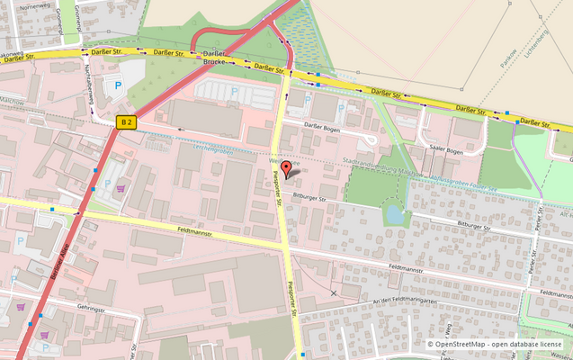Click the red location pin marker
coord(287,168)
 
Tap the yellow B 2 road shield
coord(127,122)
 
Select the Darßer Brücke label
coord(213,57)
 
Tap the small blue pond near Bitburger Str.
coord(394,215)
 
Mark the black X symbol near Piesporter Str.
coord(334,292)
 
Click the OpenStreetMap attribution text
coord(497,344)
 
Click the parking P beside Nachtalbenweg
coord(117,86)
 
